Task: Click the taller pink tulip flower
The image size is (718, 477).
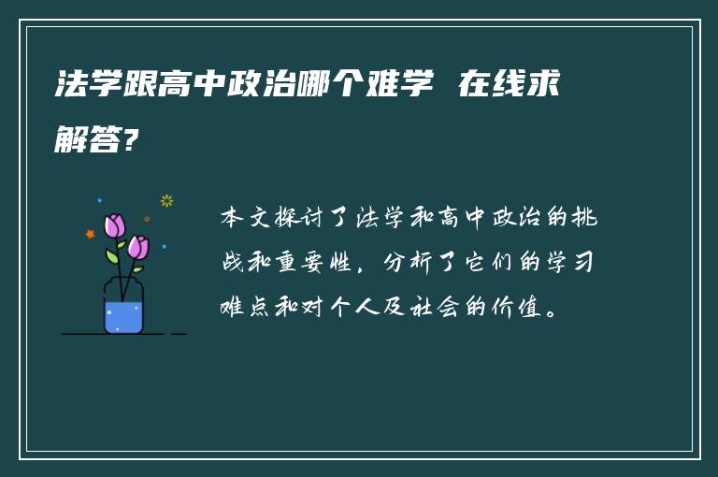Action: click(115, 225)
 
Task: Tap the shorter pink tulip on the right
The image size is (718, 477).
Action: click(138, 247)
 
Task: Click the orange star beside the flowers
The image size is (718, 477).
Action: click(91, 234)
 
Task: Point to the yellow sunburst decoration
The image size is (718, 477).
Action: click(166, 200)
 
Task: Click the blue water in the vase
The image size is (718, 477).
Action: click(123, 315)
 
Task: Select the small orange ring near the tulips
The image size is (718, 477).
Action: click(147, 219)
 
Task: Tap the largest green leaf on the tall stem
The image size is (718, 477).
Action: click(112, 255)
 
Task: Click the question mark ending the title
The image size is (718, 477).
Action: click(134, 141)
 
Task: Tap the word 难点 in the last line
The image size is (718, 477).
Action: click(245, 307)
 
